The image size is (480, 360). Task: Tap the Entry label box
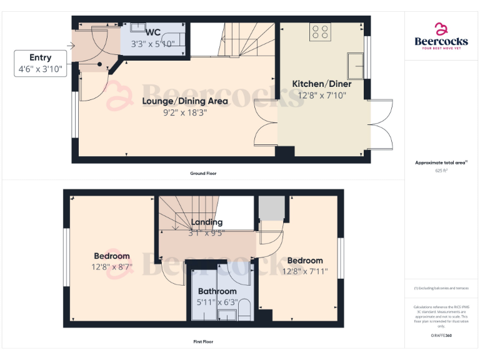[x=41, y=64]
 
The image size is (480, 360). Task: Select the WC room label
[x=152, y=32]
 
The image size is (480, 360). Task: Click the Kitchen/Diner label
[x=322, y=84]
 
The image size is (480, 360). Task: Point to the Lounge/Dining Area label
[x=184, y=101]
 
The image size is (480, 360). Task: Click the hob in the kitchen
[x=321, y=32]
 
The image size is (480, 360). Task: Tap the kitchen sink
[x=356, y=63]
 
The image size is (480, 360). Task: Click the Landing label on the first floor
[x=206, y=222]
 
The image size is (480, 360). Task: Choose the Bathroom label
[x=217, y=291]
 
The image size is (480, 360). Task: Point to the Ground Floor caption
[x=203, y=173]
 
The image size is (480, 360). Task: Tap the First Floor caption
[x=203, y=342]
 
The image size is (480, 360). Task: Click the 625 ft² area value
[x=441, y=170]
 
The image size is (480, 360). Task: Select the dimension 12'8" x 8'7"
[x=112, y=267]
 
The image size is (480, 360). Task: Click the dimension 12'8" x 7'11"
[x=305, y=271]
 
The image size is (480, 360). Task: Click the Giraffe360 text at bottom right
[x=441, y=336]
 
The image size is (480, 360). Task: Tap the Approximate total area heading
[x=441, y=162]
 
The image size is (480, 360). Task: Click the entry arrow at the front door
[x=69, y=46]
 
